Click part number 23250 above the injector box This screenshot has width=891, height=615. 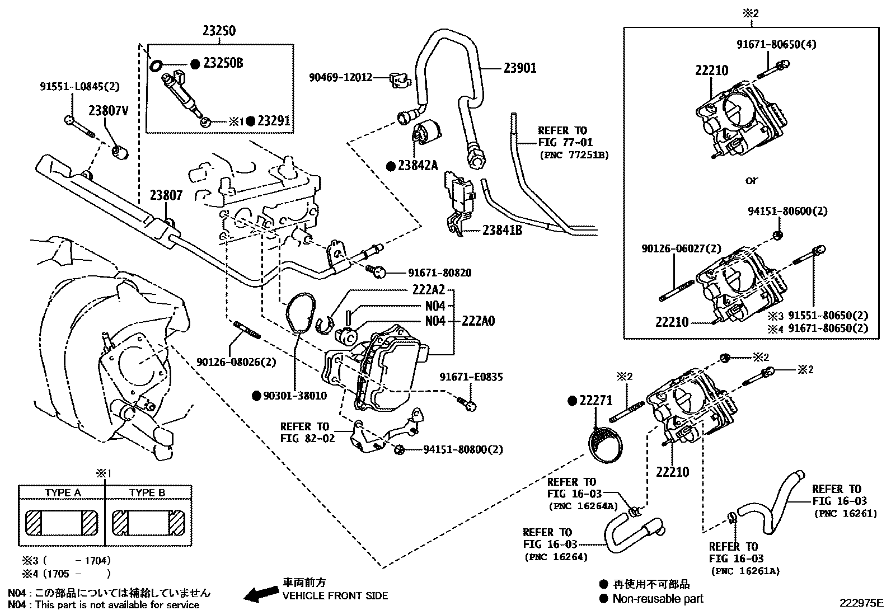[219, 31]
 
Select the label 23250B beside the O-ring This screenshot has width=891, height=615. [223, 63]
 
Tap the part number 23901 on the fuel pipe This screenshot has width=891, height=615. [519, 68]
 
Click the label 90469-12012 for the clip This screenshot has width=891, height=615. [340, 78]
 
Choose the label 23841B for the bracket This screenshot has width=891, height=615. [502, 230]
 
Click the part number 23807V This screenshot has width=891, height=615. [109, 111]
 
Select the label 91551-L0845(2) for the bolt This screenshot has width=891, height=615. [79, 87]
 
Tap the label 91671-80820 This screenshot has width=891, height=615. [439, 273]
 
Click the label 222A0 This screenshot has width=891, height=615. [478, 321]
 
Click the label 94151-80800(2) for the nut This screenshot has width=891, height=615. [463, 449]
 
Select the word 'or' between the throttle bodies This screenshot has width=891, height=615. [751, 180]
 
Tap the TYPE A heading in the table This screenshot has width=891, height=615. [63, 492]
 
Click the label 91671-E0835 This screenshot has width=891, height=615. [471, 377]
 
